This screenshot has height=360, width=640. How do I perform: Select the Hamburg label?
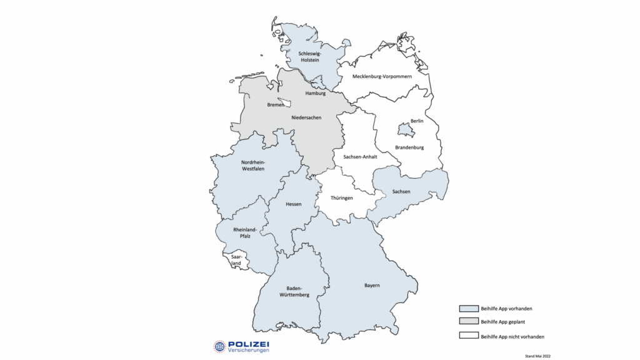coord(316,94)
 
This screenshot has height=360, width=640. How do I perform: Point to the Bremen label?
coord(276,105)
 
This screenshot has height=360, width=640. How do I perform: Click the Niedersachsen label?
coord(306,117)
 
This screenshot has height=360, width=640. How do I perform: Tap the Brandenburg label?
coord(409,147)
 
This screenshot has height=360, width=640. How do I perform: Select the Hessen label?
coord(294,204)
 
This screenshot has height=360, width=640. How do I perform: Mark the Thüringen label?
coord(342,198)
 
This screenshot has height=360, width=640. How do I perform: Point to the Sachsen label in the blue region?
coord(401,191)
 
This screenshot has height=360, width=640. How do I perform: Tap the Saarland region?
coord(236,261)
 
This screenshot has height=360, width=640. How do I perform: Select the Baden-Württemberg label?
coord(294,292)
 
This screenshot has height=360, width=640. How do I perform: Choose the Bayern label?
coord(372,286)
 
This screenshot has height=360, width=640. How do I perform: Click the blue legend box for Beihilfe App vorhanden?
coord(468,309)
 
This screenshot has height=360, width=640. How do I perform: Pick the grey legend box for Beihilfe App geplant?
coord(468,322)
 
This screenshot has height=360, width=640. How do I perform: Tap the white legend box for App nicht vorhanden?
coord(468,336)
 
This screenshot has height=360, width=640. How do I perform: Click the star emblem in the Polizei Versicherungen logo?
coord(219,346)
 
